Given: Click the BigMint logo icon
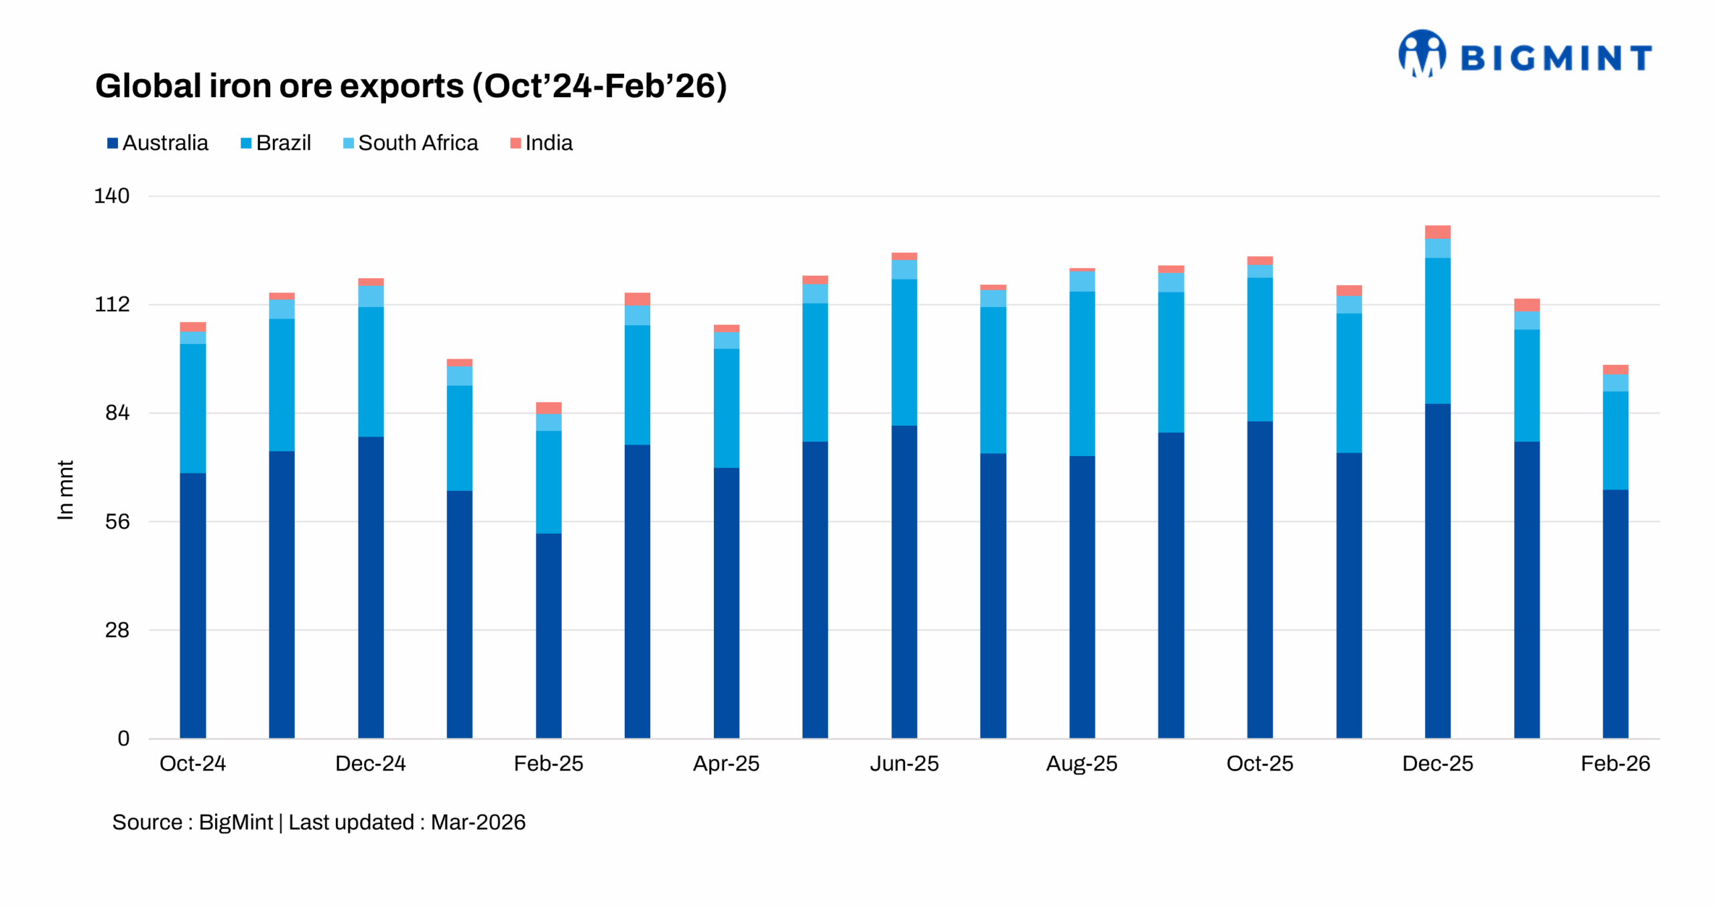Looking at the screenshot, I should (1421, 54).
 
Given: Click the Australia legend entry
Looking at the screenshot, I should (158, 143).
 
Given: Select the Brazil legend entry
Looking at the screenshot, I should (275, 143).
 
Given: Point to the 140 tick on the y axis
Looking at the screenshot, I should (111, 196).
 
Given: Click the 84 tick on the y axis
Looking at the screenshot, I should (117, 412).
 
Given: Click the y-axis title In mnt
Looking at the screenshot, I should (65, 490).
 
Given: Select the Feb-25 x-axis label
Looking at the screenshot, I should (548, 763).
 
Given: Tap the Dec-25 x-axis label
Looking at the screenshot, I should (1437, 763).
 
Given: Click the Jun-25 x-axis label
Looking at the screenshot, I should (904, 763).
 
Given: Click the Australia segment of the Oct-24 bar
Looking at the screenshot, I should (192, 604).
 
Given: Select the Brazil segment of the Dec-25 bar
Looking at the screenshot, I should (1437, 330).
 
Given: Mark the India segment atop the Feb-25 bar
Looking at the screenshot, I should (548, 408).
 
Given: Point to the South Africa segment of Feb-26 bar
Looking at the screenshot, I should (1615, 383).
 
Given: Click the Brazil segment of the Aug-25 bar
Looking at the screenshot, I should (1081, 373).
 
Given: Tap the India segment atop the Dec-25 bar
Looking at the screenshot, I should (1437, 231).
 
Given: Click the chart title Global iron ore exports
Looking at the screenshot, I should (410, 86).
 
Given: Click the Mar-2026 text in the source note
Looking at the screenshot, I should (478, 822).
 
